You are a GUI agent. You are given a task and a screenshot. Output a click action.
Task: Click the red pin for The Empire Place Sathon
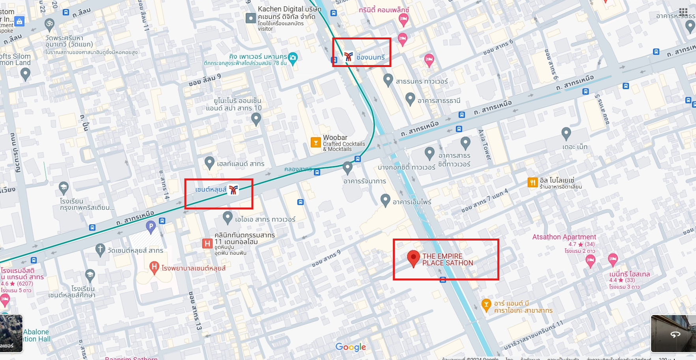coord(413,257)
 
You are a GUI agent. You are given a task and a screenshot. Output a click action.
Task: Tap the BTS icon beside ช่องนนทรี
coord(348,57)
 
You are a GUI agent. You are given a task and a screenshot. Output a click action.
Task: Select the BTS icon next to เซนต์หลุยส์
coord(233,190)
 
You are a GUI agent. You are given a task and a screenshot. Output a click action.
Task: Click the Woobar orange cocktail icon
coord(315,142)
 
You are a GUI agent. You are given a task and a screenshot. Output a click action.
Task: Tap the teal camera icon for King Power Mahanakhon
coord(293,58)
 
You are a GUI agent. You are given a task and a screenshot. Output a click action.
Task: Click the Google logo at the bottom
coord(351,347)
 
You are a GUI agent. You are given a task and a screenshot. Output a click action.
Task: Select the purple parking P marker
coord(151,226)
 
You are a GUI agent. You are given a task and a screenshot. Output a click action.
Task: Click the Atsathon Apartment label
coord(564,237)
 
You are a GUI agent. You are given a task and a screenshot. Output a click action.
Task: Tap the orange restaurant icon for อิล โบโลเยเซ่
coord(532,182)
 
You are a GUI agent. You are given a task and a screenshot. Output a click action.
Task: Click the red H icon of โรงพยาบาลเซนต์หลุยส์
coord(154,267)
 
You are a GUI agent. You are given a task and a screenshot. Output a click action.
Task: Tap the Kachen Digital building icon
coord(251,18)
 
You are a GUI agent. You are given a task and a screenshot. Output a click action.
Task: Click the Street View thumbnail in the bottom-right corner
coord(673,333)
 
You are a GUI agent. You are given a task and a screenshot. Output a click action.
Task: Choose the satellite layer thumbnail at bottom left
coord(11,333)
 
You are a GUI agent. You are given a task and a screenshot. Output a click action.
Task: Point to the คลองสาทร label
coord(298,170)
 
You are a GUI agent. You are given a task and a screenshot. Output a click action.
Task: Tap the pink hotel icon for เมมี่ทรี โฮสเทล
coord(612,259)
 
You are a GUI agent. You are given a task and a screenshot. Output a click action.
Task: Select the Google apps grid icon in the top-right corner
coord(683,11)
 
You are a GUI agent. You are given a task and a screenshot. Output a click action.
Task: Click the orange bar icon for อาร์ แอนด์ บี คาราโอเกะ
coord(486,304)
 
